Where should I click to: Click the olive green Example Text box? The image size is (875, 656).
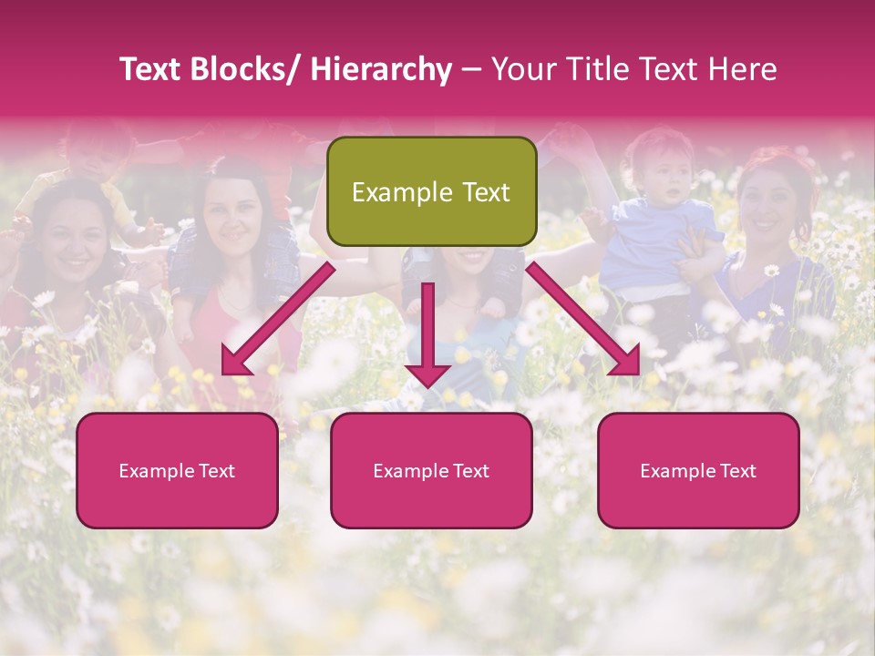(431, 191)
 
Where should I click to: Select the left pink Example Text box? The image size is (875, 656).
(177, 470)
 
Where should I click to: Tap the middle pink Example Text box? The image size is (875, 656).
(431, 470)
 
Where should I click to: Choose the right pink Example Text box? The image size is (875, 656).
(698, 470)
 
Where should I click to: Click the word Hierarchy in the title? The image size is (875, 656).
(381, 70)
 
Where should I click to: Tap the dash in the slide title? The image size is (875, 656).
(471, 70)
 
